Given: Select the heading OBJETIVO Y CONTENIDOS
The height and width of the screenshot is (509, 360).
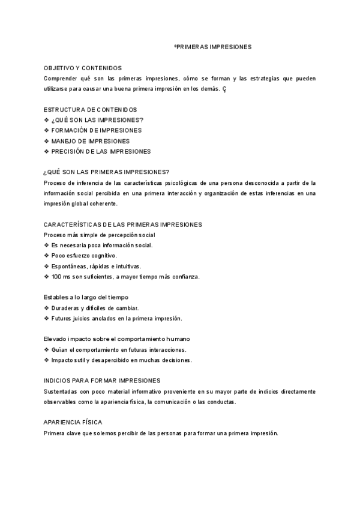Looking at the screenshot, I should click(83, 68).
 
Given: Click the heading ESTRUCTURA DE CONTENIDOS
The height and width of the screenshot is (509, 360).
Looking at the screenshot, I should click(91, 109).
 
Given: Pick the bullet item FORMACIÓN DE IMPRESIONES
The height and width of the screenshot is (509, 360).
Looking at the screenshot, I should click(97, 130).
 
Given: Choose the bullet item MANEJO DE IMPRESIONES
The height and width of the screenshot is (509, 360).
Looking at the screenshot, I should click(91, 141).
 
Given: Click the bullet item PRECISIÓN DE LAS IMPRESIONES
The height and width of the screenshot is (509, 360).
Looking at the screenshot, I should click(101, 152).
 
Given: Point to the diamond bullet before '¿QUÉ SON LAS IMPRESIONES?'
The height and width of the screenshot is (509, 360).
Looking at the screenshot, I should click(46, 120).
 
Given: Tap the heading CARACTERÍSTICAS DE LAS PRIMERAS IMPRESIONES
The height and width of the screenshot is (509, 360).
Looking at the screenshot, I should click(123, 224).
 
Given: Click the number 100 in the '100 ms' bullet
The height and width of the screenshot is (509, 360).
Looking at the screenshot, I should click(56, 277).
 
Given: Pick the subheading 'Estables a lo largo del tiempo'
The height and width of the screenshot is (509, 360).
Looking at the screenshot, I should click(86, 298).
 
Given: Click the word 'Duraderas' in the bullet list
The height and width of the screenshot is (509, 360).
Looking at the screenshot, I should click(65, 308).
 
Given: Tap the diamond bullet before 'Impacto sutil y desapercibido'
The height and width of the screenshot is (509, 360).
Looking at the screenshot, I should click(46, 360).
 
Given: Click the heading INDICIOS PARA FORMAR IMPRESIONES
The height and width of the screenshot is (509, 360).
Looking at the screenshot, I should click(102, 381).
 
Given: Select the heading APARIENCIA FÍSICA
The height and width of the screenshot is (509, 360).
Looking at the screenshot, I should click(71, 423).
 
